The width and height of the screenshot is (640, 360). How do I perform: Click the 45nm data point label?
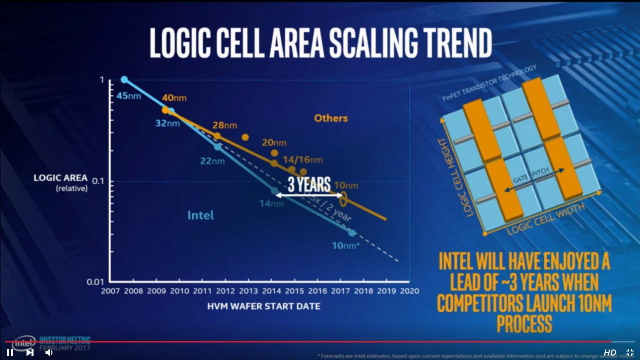(128, 96)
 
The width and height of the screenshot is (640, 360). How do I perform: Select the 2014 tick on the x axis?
(272, 291)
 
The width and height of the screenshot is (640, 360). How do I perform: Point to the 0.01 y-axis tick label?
(95, 282)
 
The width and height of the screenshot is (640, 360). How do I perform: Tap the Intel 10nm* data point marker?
(352, 233)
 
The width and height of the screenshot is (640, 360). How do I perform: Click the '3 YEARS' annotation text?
(309, 184)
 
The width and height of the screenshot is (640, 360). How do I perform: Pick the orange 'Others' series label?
(331, 118)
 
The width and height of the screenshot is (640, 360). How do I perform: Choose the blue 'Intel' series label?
(200, 215)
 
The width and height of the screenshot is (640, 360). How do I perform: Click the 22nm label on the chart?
(212, 161)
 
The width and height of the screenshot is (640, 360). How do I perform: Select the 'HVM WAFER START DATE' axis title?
(263, 306)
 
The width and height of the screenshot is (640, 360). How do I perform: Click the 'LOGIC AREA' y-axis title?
(60, 178)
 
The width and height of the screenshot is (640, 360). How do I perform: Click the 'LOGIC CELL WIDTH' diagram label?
(546, 220)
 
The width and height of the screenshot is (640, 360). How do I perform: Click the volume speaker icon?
(49, 352)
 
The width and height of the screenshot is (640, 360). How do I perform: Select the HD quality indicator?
(610, 352)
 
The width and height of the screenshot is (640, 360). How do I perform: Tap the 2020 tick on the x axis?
(409, 291)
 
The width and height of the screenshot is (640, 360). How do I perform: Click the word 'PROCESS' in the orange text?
(524, 324)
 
